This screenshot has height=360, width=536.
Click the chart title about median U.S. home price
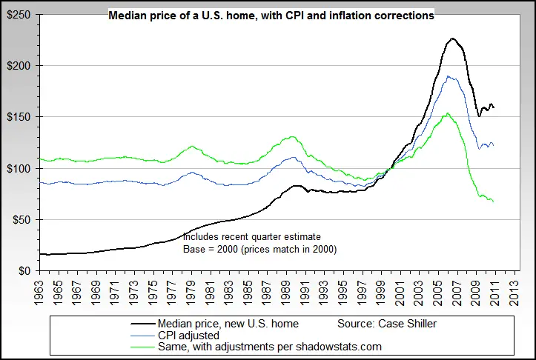pos(271,15)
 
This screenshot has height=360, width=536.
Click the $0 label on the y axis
pos(24,271)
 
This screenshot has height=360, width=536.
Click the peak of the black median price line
pos(452,39)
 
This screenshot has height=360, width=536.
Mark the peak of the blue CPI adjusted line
pos(448,76)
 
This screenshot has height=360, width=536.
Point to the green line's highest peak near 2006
pos(447,113)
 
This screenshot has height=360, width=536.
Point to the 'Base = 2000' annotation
pos(259,250)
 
